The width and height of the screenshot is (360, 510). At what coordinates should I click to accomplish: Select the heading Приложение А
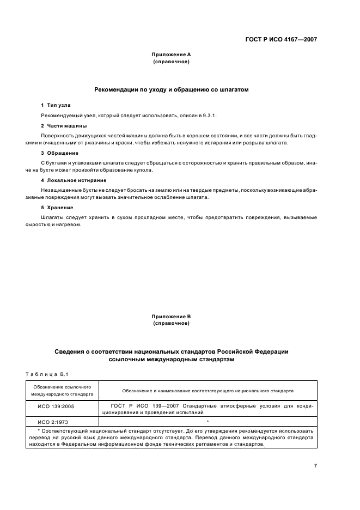click(x=171, y=54)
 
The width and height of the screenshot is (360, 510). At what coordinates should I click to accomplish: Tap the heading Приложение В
click(x=171, y=316)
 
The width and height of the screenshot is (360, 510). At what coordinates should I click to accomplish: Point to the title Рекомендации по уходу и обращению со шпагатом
click(x=171, y=90)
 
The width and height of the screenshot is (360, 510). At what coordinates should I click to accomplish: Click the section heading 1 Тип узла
click(x=56, y=104)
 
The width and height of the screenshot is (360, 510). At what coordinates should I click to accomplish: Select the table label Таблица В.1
click(x=46, y=374)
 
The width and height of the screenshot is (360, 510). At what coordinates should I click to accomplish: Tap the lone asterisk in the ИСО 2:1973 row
click(x=208, y=422)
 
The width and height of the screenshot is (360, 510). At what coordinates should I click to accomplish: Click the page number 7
click(x=315, y=465)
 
